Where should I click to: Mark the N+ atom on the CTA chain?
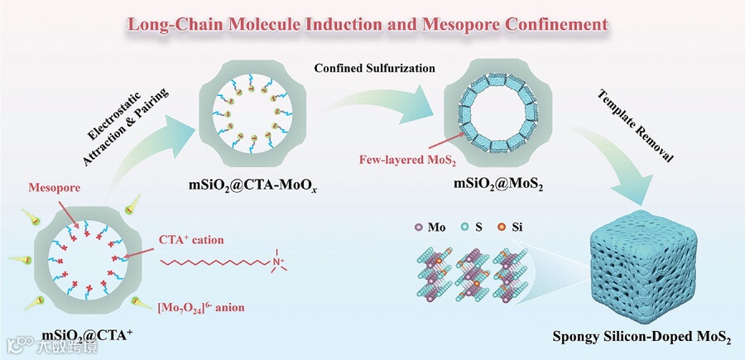coord(278,263)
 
